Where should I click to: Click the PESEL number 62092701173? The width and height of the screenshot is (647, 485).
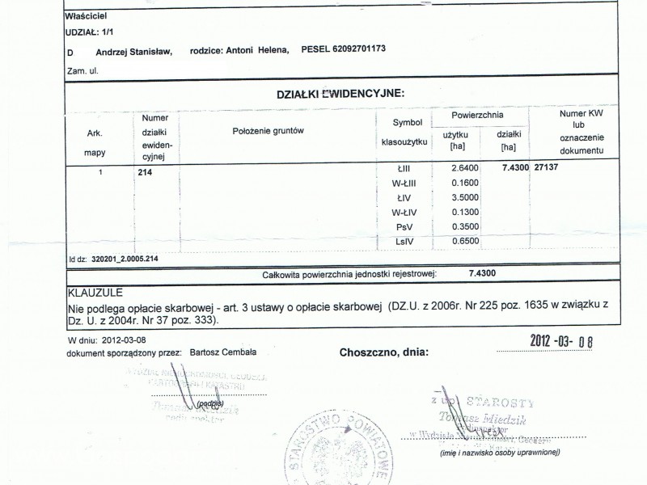tap(353, 50)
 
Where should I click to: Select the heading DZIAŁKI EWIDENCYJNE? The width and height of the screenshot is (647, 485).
tap(340, 94)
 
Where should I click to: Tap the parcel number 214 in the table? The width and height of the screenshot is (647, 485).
tap(146, 172)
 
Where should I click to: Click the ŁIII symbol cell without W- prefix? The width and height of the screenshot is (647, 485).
tap(404, 167)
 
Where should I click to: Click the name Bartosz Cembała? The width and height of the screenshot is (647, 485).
tap(218, 352)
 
